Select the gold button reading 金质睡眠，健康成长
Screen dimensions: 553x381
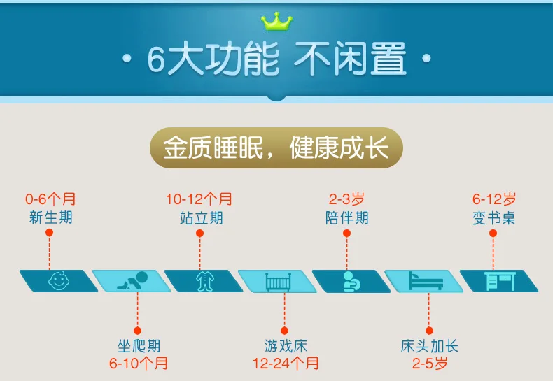click(276, 149)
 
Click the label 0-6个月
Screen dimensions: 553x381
click(50, 199)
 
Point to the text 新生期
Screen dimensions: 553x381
click(50, 217)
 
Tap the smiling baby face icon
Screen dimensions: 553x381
click(58, 281)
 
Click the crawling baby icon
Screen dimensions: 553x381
click(133, 281)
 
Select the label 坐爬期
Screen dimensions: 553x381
click(139, 346)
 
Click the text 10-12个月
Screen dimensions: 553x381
click(199, 199)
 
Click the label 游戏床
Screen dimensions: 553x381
click(285, 346)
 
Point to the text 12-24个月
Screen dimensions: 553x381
click(285, 364)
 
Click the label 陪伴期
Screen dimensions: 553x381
click(346, 217)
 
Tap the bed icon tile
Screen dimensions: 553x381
click(425, 281)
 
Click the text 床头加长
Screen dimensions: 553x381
click(430, 346)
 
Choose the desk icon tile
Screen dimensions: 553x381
click(499, 281)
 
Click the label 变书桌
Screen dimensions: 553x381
click(493, 217)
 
